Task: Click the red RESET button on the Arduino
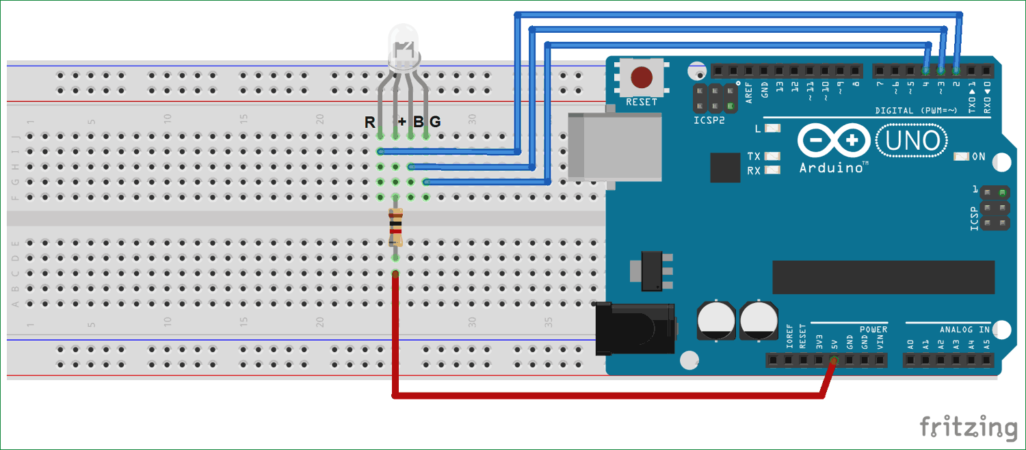coord(641,77)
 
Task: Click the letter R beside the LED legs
coord(369,122)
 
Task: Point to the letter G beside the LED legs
coord(435,122)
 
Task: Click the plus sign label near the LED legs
coord(402,122)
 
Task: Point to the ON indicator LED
coord(962,157)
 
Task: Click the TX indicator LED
coord(773,157)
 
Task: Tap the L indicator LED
coord(773,128)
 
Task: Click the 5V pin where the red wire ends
coord(833,360)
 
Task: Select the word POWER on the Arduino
coord(873,330)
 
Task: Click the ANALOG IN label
coord(964,330)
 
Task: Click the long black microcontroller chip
coord(883,277)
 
